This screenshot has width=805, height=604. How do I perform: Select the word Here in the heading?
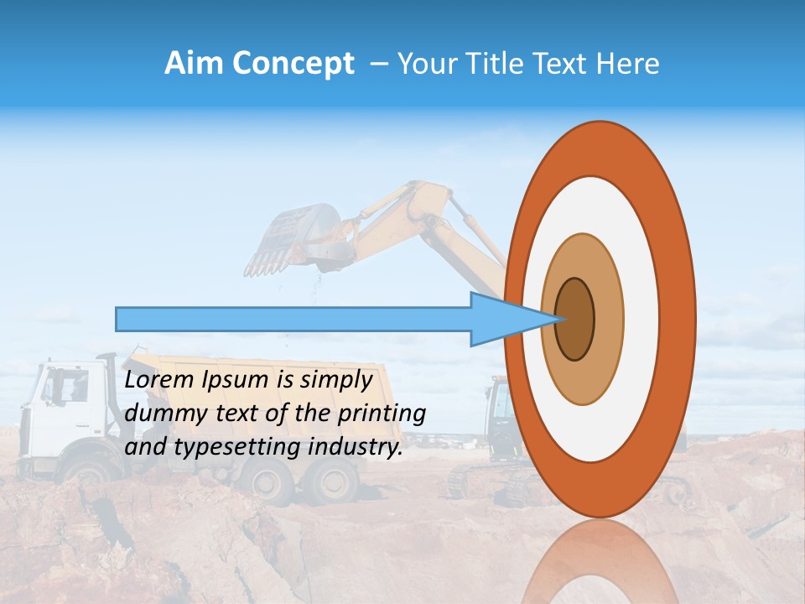point(627,64)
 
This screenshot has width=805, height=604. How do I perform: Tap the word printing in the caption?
point(383,414)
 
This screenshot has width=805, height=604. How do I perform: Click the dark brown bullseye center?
point(575,319)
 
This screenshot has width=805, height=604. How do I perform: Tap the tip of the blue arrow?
point(560,319)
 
